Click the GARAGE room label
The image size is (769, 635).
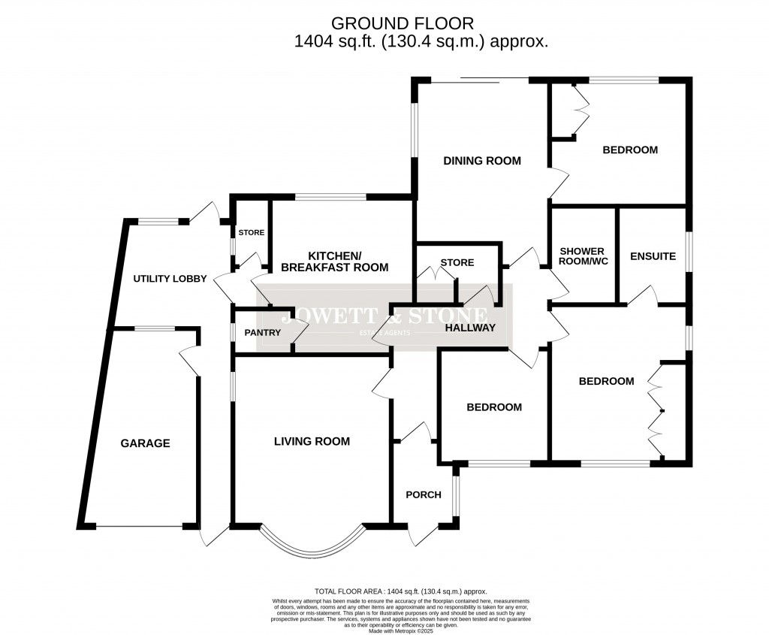(145, 443)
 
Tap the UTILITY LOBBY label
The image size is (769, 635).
(170, 279)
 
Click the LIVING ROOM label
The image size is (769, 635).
(311, 441)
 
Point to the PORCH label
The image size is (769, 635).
(424, 494)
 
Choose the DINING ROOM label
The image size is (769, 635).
(481, 161)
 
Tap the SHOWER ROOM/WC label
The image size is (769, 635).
(583, 256)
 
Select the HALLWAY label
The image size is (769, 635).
(470, 328)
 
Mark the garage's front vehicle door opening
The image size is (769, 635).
(140, 527)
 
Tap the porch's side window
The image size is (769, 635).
(455, 493)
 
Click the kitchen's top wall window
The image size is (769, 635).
(330, 198)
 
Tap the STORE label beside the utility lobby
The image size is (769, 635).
(251, 233)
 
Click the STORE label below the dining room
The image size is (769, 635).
(457, 263)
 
